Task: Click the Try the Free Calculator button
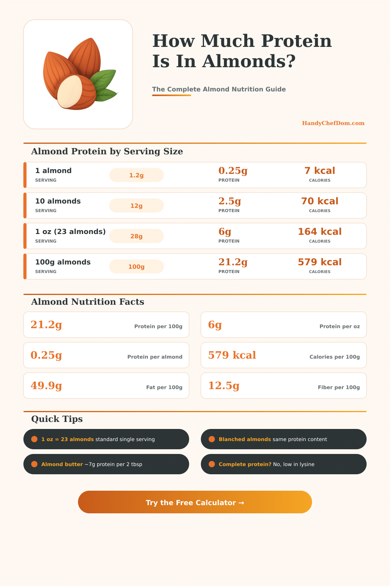tap(195, 502)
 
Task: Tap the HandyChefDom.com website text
tap(333, 123)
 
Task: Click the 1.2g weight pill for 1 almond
tap(136, 175)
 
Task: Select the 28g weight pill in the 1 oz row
tap(136, 236)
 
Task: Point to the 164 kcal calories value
tap(319, 232)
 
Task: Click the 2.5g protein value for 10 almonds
tap(230, 201)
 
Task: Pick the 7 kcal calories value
tap(319, 171)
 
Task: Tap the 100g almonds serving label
tap(63, 262)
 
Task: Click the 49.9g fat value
tap(46, 386)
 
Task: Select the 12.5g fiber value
tap(224, 386)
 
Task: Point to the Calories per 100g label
tap(335, 357)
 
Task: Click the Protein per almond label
tap(155, 357)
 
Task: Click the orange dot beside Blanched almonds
tap(212, 439)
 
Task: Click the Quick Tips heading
tap(57, 419)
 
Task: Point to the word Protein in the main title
tap(296, 41)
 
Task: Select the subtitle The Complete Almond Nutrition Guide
tap(219, 89)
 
